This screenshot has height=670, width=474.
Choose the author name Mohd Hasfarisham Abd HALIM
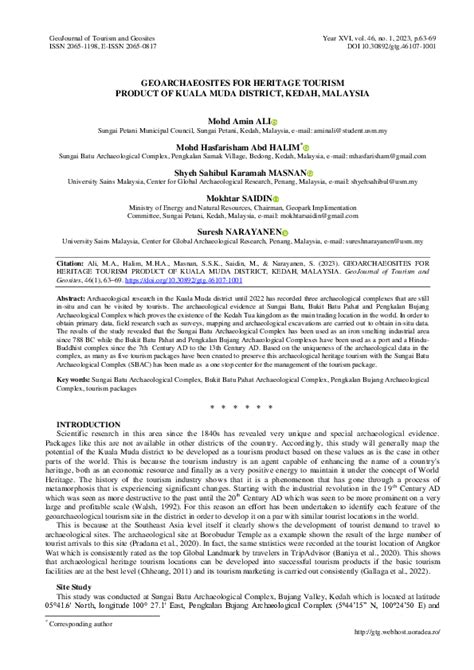232,146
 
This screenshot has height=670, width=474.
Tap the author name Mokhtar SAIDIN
234,199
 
